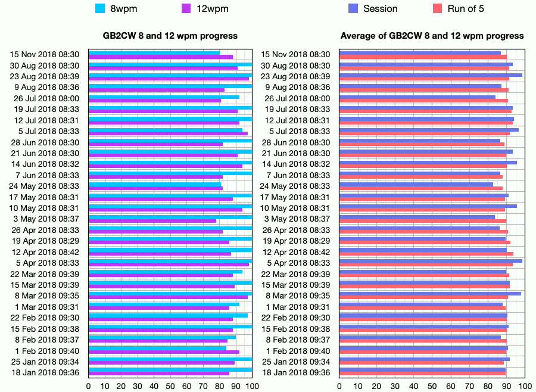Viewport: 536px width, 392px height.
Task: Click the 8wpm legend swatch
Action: (100, 9)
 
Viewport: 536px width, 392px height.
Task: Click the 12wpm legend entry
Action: (212, 9)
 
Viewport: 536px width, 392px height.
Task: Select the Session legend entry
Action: (380, 9)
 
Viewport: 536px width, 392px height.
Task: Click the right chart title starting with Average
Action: (432, 36)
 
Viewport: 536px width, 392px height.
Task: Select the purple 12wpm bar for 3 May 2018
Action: (152, 221)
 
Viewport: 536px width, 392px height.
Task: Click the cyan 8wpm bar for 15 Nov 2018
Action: (154, 52)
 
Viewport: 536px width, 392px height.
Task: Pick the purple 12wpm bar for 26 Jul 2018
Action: (155, 101)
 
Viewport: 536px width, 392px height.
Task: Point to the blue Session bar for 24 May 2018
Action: (416, 184)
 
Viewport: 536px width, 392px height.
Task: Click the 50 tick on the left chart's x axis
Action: (170, 386)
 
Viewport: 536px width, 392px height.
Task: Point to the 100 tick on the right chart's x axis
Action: (525, 386)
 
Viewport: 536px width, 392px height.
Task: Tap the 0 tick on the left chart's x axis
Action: (89, 386)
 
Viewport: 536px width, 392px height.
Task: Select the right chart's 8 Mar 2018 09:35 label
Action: (295, 295)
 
